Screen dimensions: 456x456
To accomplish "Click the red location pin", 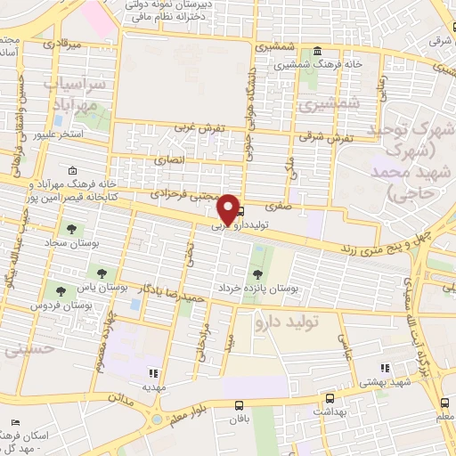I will (229, 208).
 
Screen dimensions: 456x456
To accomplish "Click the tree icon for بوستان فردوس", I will (61, 290).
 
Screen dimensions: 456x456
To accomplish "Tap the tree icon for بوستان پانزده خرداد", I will (257, 273).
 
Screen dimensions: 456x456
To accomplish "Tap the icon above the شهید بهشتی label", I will (385, 367).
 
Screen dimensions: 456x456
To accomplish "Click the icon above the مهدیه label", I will (152, 373).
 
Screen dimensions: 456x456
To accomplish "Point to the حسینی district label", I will (29, 350).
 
